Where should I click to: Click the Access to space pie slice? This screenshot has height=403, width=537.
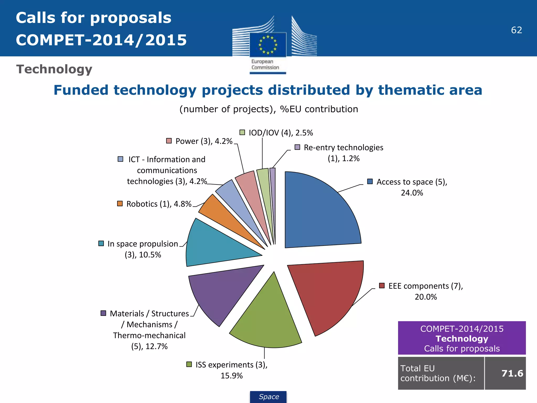(320, 213)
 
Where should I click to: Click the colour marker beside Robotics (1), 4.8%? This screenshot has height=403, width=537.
(120, 204)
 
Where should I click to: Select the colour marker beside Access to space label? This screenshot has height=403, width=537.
(370, 182)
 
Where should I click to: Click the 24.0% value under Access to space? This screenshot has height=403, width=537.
(412, 193)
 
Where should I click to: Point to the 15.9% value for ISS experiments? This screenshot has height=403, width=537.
(232, 376)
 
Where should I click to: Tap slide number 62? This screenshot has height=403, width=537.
(516, 30)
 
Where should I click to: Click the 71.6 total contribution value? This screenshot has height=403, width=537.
(512, 373)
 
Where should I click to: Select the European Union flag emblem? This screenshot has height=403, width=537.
(268, 45)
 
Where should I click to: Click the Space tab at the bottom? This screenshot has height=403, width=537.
(268, 397)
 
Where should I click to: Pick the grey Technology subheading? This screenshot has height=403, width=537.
(54, 69)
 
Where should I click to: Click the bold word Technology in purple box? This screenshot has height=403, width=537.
(462, 339)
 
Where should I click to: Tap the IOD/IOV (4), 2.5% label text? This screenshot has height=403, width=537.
(281, 133)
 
